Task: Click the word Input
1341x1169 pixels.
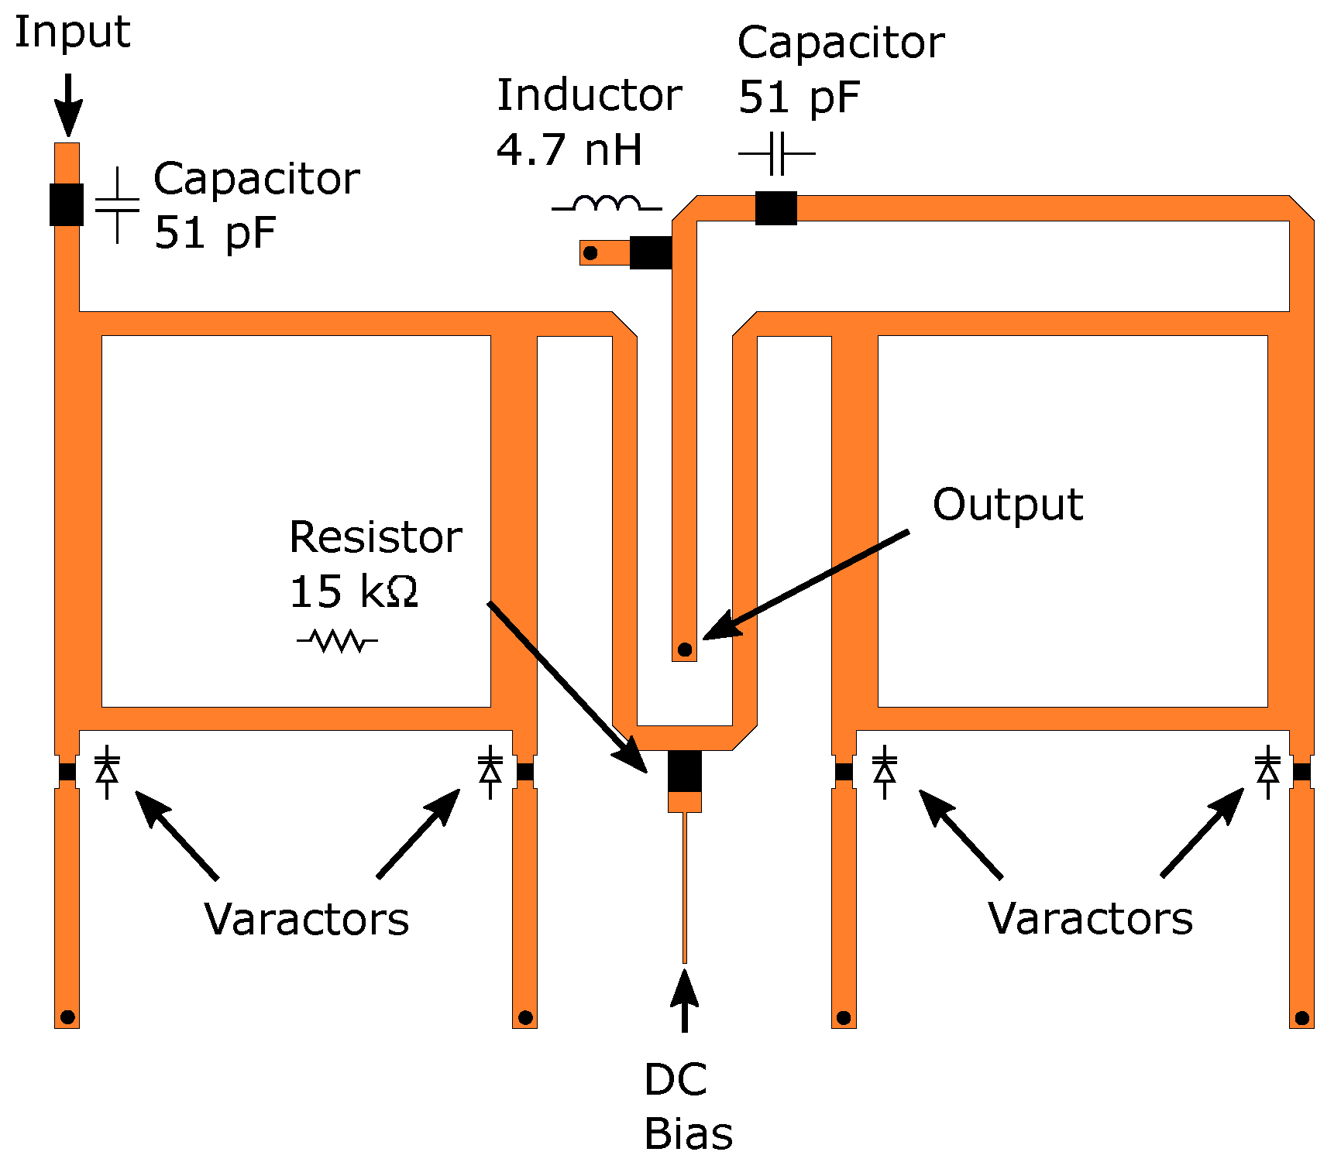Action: pyautogui.click(x=72, y=33)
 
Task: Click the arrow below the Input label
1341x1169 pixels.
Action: pyautogui.click(x=68, y=105)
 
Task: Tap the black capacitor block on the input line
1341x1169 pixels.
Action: pyautogui.click(x=67, y=204)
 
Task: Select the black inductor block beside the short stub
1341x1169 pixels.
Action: pyautogui.click(x=651, y=252)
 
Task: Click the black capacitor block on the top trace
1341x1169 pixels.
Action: pyautogui.click(x=775, y=207)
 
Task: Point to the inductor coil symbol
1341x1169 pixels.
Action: pyautogui.click(x=607, y=204)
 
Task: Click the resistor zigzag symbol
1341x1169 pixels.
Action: pyautogui.click(x=338, y=640)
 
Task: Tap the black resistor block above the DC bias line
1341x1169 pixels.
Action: pyautogui.click(x=685, y=771)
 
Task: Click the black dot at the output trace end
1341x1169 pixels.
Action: pyautogui.click(x=685, y=650)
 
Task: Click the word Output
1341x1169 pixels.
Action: pyautogui.click(x=1007, y=505)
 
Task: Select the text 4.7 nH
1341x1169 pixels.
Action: pyautogui.click(x=569, y=149)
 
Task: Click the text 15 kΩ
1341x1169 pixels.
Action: pyautogui.click(x=353, y=591)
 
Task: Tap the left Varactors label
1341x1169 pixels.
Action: pyautogui.click(x=307, y=919)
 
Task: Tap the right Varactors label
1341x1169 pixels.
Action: pyautogui.click(x=1090, y=919)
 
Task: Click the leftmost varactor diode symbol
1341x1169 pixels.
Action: pyautogui.click(x=107, y=772)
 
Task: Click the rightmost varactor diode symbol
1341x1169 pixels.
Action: pyautogui.click(x=1267, y=772)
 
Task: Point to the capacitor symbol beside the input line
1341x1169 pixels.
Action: pyautogui.click(x=117, y=205)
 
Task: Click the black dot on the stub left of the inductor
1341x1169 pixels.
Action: pyautogui.click(x=590, y=252)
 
